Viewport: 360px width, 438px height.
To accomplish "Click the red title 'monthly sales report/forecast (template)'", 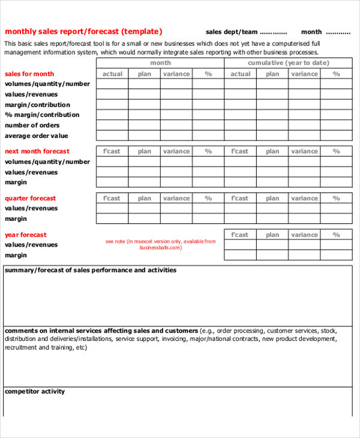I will click(x=83, y=32).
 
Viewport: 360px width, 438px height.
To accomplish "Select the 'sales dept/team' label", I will click(x=232, y=32).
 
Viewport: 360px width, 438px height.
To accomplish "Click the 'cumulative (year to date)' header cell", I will click(x=288, y=63).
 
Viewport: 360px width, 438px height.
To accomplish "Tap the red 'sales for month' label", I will click(x=29, y=74).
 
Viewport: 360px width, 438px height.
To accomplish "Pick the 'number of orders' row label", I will click(x=32, y=125).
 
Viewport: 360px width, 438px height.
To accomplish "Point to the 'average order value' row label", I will click(x=37, y=136).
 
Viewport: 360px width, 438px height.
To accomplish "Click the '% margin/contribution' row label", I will click(x=42, y=115).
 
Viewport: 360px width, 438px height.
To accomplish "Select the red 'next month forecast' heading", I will click(x=37, y=151).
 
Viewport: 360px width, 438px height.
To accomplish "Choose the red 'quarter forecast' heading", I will click(x=31, y=198).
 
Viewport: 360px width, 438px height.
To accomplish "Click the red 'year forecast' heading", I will click(x=26, y=235).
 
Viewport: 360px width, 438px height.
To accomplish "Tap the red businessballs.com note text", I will click(x=160, y=244).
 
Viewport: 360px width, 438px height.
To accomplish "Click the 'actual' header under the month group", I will click(x=112, y=74).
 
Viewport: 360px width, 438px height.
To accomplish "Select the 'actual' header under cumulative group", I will click(x=241, y=74).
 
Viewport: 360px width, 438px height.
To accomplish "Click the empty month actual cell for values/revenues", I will click(x=112, y=95).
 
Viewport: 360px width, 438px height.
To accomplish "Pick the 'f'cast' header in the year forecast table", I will click(x=240, y=235).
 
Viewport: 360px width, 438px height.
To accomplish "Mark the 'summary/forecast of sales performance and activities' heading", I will click(x=91, y=270).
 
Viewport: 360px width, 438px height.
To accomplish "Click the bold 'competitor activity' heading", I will click(x=35, y=392).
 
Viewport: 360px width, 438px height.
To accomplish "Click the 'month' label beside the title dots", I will click(x=311, y=32).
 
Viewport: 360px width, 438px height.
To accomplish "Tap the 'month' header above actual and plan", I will click(x=160, y=63).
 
